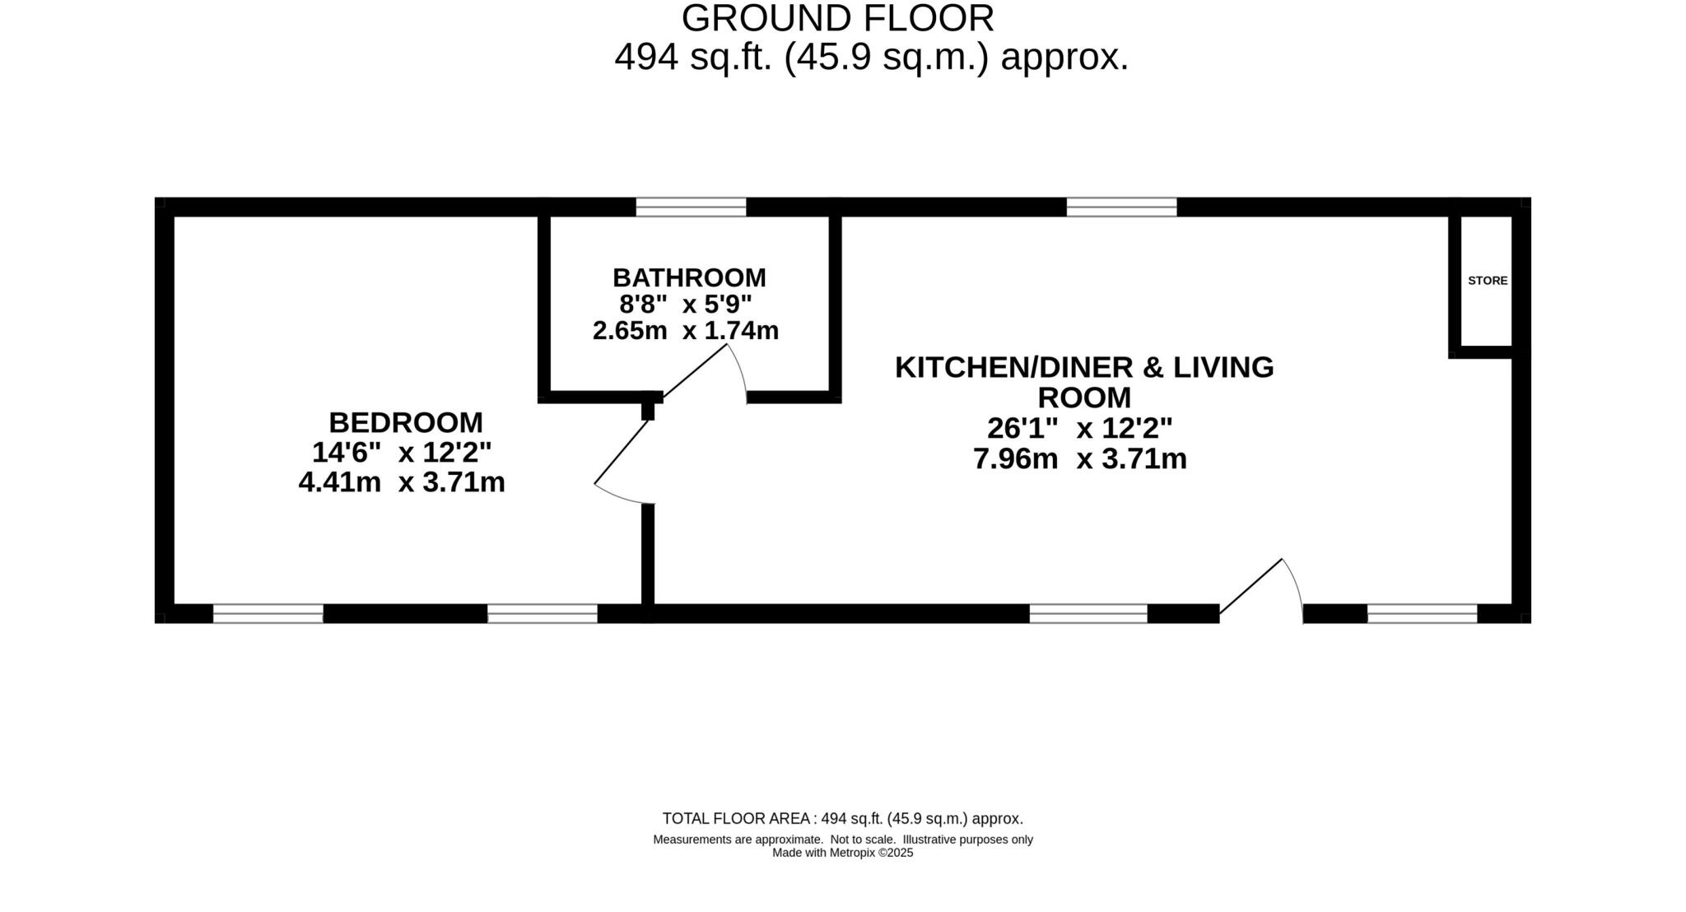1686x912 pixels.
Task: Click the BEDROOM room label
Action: click(405, 422)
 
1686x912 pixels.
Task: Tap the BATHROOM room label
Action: click(689, 277)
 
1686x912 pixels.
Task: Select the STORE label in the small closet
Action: click(1488, 281)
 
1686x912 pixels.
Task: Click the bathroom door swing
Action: click(708, 370)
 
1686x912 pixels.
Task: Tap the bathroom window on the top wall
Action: click(691, 207)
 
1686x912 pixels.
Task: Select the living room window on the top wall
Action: click(1121, 207)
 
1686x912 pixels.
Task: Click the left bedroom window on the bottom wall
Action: click(268, 613)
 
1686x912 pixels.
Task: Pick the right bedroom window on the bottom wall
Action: click(542, 613)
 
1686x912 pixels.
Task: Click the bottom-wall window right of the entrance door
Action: click(1422, 613)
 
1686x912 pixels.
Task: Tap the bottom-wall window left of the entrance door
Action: click(1088, 613)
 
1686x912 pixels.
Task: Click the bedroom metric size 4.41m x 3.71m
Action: click(402, 482)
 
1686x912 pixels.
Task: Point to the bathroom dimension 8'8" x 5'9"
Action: click(686, 305)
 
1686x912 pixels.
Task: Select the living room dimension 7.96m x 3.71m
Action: click(1079, 458)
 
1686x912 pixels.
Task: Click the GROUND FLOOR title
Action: click(837, 19)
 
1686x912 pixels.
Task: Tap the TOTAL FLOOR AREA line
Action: click(842, 818)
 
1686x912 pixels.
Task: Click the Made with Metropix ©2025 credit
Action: click(842, 853)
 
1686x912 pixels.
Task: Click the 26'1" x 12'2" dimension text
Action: click(1079, 428)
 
